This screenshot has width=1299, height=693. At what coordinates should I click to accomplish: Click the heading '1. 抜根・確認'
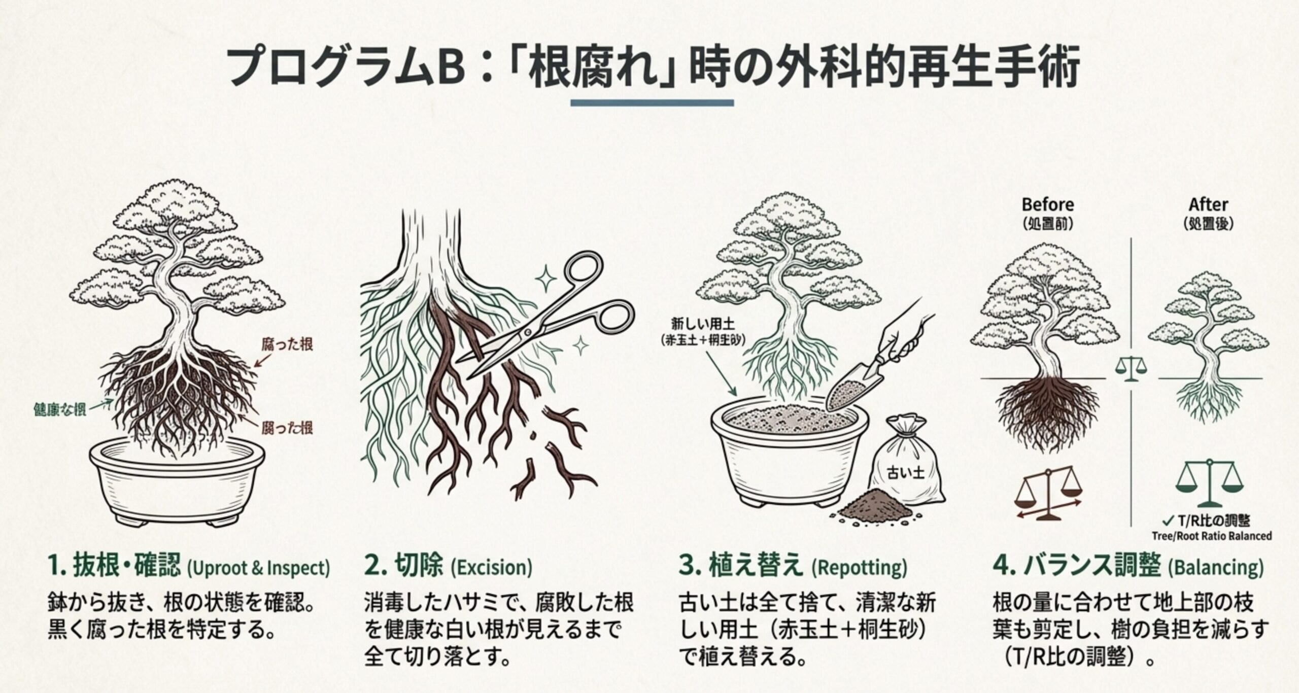[114, 567]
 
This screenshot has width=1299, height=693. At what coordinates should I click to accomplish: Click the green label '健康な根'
[59, 409]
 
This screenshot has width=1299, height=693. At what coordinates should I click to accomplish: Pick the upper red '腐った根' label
[287, 345]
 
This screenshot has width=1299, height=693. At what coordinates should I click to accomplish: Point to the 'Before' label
[1047, 204]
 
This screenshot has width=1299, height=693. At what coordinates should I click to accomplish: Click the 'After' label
[1208, 204]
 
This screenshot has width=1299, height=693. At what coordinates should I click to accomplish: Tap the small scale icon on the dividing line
[1131, 368]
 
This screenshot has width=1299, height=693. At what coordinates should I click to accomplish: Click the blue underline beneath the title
[652, 103]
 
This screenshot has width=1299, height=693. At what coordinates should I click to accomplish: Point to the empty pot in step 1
[178, 482]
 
